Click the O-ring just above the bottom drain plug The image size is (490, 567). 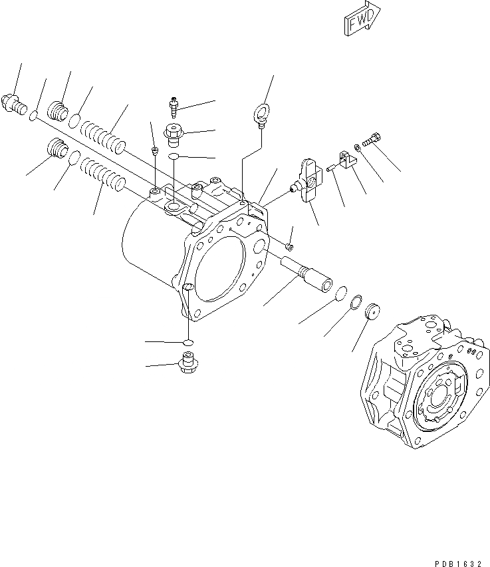tap(188, 342)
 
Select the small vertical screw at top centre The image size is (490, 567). tap(173, 104)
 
